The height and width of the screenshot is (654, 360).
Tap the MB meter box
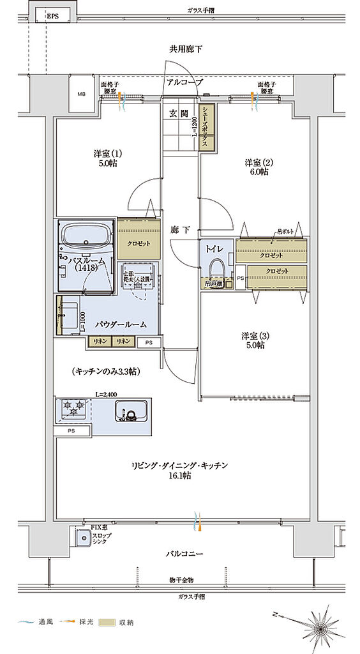tap(81, 95)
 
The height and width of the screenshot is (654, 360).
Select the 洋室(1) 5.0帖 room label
tap(107, 158)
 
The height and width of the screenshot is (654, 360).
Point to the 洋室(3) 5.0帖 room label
tap(253, 340)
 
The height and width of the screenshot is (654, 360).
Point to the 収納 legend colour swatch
tap(107, 621)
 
